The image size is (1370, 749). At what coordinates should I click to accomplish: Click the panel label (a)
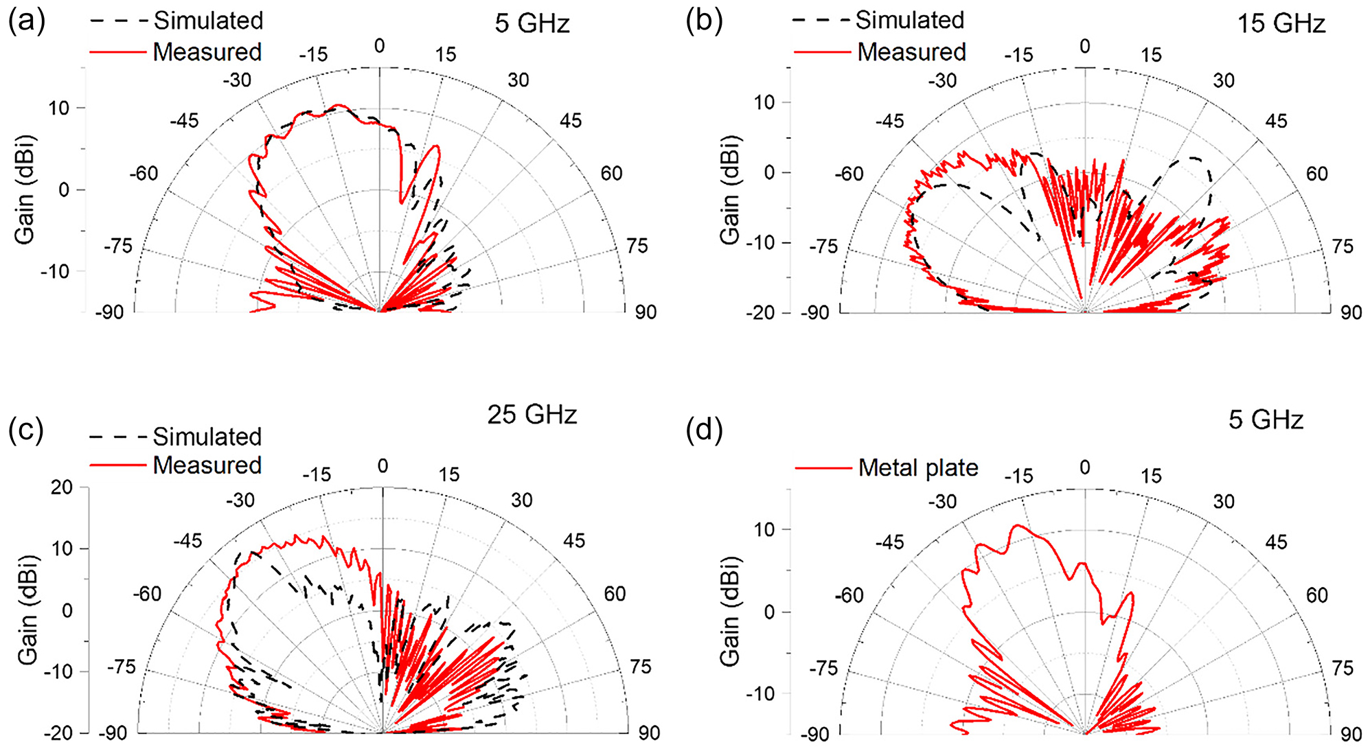26,22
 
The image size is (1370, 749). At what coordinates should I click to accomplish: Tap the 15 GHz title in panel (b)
1281,24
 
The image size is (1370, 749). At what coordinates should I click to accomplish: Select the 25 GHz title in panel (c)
532,415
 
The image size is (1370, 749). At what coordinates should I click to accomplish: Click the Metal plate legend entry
917,468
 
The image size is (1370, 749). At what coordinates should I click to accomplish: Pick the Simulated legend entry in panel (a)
207,21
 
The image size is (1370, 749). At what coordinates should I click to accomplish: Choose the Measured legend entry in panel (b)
911,52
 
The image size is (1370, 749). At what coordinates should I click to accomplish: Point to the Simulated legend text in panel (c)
207,437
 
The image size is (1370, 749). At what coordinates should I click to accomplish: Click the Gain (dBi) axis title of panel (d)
729,611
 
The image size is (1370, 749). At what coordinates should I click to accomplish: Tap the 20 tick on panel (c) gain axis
62,487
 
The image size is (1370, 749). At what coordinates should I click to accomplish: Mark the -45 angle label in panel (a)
184,122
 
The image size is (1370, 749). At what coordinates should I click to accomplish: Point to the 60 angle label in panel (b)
1316,174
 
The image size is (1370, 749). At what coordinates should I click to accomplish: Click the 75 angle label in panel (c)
640,667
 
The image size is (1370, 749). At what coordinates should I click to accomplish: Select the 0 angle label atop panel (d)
1084,468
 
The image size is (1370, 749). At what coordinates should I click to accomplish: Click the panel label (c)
26,430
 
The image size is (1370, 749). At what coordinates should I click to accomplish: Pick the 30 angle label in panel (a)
518,80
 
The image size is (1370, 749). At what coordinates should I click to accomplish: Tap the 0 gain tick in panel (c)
67,610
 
